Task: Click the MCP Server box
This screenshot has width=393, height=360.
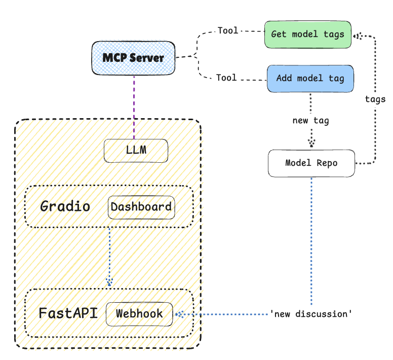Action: [x=133, y=58]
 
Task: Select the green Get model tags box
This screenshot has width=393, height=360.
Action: [x=308, y=34]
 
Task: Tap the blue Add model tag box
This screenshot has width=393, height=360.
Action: [x=310, y=79]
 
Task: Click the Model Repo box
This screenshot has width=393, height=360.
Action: [x=311, y=163]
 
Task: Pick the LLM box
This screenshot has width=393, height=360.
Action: [x=136, y=151]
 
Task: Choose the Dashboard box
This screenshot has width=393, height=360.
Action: [x=141, y=207]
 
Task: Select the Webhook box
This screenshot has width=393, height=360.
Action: [x=139, y=314]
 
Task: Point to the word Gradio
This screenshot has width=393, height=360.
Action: [x=65, y=206]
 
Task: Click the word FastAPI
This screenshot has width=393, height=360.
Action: [x=68, y=313]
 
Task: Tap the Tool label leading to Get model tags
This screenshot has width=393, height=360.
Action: [x=228, y=30]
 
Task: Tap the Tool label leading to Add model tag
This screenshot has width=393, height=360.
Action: [x=226, y=78]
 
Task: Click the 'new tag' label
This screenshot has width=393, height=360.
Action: [x=311, y=121]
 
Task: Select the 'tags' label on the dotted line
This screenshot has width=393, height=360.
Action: [x=375, y=99]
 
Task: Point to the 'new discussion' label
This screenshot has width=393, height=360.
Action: [x=311, y=314]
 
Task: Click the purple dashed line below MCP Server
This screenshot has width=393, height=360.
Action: [x=134, y=107]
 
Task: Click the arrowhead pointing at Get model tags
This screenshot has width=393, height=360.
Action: [x=358, y=36]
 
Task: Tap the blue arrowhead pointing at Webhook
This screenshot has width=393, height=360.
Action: [x=179, y=314]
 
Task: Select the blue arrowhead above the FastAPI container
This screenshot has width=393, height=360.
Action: [x=109, y=282]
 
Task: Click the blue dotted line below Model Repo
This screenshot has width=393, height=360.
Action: [x=311, y=241]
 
